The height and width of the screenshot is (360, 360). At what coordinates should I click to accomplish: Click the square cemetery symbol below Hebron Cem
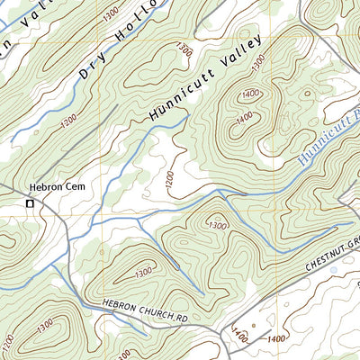pyautogui.click(x=30, y=204)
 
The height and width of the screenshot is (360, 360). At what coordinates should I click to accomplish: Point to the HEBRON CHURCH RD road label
pyautogui.click(x=143, y=310)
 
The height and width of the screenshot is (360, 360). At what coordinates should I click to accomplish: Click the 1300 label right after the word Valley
pyautogui.click(x=259, y=61)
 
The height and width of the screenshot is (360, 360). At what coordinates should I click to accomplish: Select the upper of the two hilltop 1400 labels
pyautogui.click(x=251, y=93)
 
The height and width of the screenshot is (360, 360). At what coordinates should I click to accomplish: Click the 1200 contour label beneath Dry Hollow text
pyautogui.click(x=68, y=128)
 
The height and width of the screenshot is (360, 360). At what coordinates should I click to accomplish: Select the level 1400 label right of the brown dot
pyautogui.click(x=276, y=337)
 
